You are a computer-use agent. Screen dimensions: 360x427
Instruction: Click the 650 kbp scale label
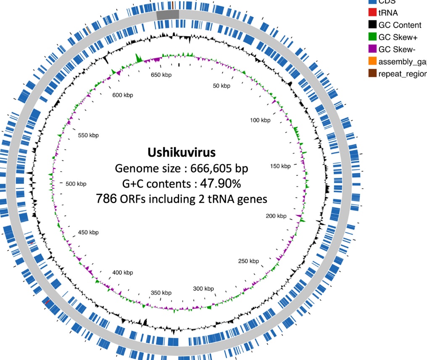coord(161,75)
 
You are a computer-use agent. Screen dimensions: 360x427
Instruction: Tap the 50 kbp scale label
coord(221,86)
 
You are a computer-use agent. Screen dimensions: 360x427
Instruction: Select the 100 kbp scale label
coord(260,120)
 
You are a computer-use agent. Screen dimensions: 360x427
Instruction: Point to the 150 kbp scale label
coord(280,166)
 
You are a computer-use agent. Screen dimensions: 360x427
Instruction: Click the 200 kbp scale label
coord(276,216)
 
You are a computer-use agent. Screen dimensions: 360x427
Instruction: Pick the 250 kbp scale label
coord(248,261)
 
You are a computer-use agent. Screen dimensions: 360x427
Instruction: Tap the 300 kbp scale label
coord(203,289)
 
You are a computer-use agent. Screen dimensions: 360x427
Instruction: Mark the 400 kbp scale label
coord(123,273)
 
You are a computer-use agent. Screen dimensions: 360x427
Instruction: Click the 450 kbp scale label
coord(88,233)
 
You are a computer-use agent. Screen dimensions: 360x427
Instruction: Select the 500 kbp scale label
coord(76,184)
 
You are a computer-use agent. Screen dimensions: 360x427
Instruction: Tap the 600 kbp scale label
coord(123,95)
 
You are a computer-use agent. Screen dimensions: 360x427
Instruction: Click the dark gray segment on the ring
coord(168,15)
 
